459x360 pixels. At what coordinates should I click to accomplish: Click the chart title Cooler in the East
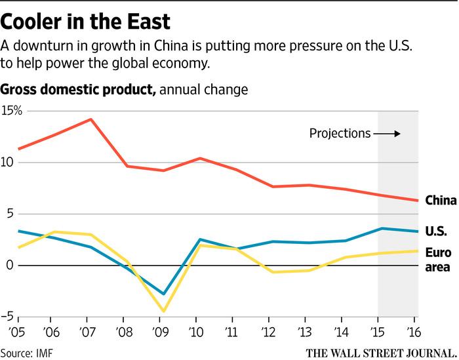pyautogui.click(x=86, y=21)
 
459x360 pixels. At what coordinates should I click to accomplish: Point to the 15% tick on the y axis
pyautogui.click(x=12, y=110)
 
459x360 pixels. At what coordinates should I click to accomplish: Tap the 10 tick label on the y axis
pyautogui.click(x=7, y=162)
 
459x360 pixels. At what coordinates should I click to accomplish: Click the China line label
pyautogui.click(x=441, y=201)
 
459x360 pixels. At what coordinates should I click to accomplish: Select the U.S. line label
pyautogui.click(x=436, y=231)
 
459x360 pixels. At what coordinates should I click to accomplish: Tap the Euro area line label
pyautogui.click(x=438, y=260)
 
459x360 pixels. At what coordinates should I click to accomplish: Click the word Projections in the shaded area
pyautogui.click(x=340, y=134)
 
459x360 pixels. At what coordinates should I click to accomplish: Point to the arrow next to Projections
pyautogui.click(x=388, y=134)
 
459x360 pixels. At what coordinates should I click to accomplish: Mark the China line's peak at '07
pyautogui.click(x=90, y=119)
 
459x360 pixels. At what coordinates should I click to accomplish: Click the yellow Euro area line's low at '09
pyautogui.click(x=159, y=311)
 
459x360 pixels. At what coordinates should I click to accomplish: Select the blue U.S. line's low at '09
pyautogui.click(x=159, y=294)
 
